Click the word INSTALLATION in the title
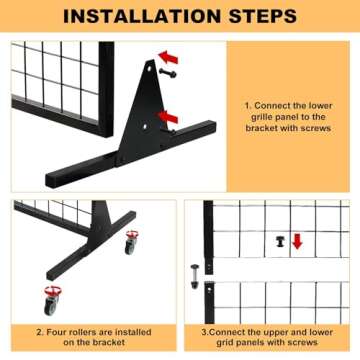tap(141, 16)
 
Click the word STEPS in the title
tap(262, 16)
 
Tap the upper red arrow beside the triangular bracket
tap(168, 57)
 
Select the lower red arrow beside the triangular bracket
tap(168, 117)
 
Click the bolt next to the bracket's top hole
tap(168, 72)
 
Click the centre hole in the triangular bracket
tap(144, 127)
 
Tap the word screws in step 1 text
tap(316, 128)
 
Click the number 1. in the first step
tap(248, 106)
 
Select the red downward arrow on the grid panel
tap(297, 242)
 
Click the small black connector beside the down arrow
tap(281, 241)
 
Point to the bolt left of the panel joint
tap(194, 276)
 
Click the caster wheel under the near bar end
tap(51, 300)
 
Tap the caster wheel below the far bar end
tap(131, 242)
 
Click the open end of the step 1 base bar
tap(50, 180)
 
